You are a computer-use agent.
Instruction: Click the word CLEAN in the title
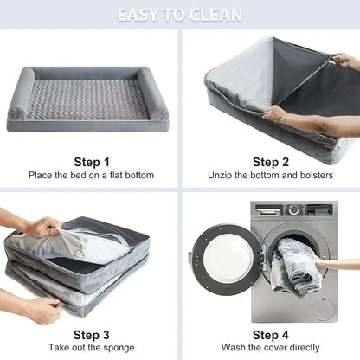(x=216, y=15)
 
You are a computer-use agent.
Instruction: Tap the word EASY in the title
(x=138, y=15)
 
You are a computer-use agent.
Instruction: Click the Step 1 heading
(x=92, y=162)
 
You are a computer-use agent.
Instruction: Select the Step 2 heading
(x=270, y=162)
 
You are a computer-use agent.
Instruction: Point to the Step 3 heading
(x=91, y=335)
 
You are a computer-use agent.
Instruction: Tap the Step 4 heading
(x=270, y=335)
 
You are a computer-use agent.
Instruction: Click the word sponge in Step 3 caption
(x=119, y=348)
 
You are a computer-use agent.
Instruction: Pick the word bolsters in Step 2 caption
(x=317, y=175)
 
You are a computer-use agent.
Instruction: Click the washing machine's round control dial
(x=294, y=209)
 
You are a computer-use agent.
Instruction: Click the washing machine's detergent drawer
(x=268, y=210)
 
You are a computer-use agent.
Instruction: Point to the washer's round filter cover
(x=324, y=309)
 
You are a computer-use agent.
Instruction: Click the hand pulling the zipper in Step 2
(x=344, y=60)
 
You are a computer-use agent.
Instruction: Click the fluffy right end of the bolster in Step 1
(x=159, y=113)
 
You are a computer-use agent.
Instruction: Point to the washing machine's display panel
(x=318, y=210)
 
